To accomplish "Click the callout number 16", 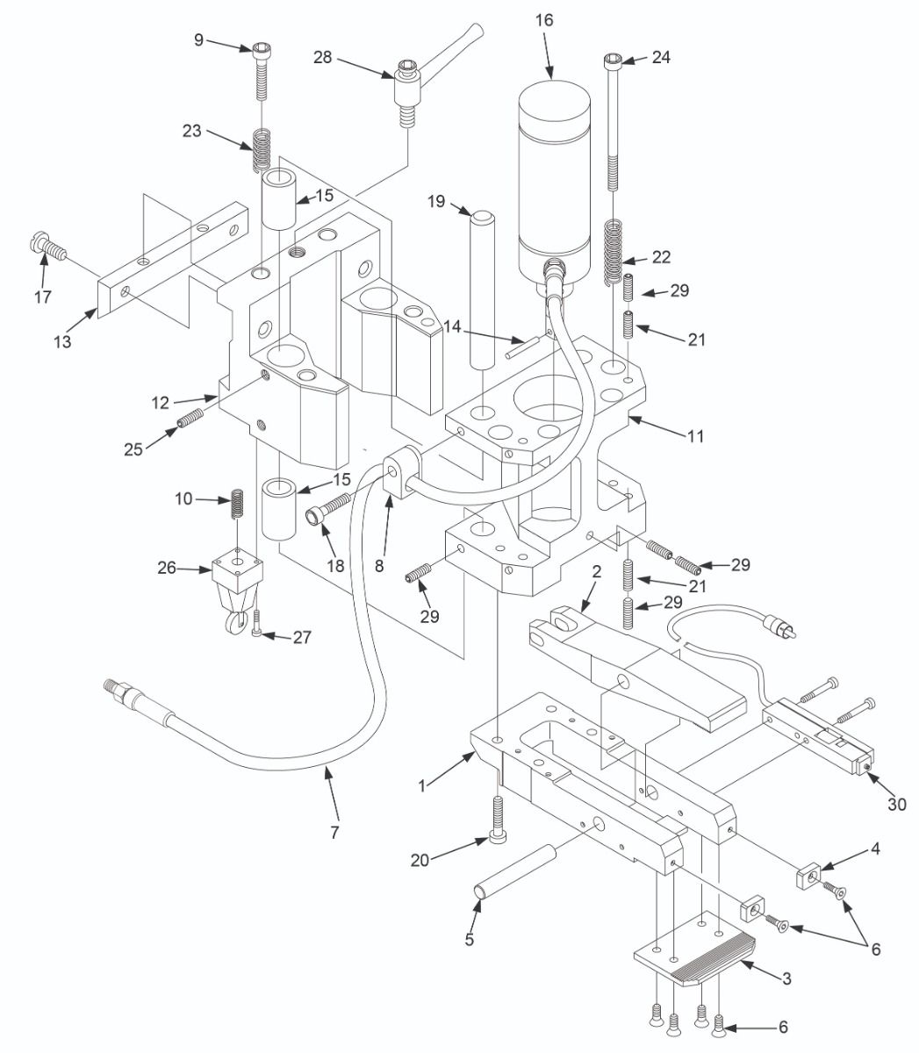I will tap(549, 19).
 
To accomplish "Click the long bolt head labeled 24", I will tap(612, 61).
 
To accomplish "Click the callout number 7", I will tap(334, 830).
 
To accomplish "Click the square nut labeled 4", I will tap(808, 877).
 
